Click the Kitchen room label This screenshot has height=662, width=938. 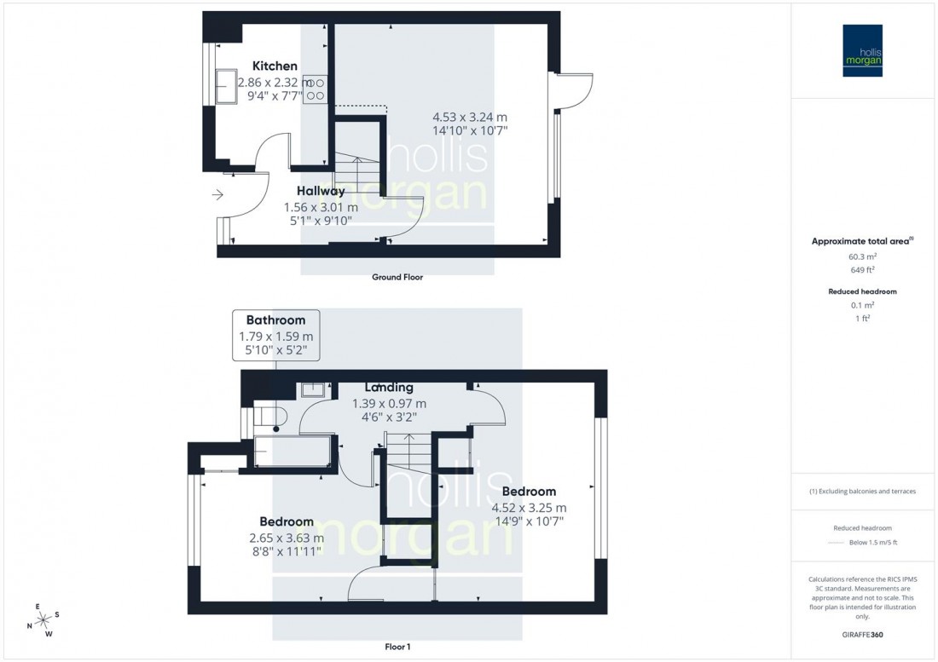tap(275, 66)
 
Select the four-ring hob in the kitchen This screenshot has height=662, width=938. tap(315, 89)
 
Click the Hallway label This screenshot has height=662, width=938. tap(321, 191)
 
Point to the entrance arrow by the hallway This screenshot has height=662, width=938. tap(217, 195)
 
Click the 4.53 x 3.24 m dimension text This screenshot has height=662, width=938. tap(470, 117)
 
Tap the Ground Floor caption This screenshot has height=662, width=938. tap(397, 277)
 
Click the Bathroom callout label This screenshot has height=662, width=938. tap(275, 319)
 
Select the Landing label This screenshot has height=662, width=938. tap(388, 388)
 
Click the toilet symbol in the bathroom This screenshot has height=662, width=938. tap(275, 418)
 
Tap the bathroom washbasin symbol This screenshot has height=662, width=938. tap(312, 389)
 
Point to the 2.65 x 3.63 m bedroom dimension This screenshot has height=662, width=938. tap(287, 538)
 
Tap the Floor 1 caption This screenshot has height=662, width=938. tap(397, 648)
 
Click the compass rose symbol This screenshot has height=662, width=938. tap(43, 620)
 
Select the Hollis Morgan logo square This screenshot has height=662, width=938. tap(865, 50)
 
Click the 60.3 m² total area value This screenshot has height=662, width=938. tap(862, 256)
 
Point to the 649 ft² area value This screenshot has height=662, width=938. tap(862, 271)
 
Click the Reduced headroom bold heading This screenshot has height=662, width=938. tap(862, 291)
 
